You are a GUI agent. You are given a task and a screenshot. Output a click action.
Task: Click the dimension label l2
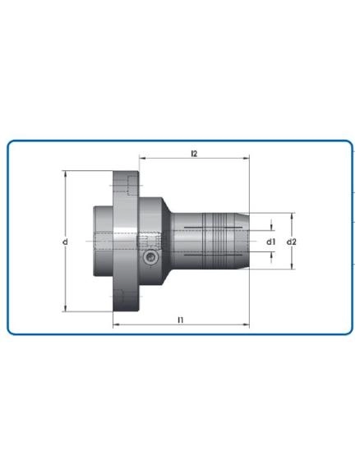(x=194, y=153)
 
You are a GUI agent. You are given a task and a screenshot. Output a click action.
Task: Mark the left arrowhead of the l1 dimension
(x=115, y=325)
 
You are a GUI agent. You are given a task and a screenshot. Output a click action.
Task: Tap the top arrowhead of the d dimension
(x=66, y=173)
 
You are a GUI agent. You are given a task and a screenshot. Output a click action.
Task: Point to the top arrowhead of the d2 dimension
(x=292, y=215)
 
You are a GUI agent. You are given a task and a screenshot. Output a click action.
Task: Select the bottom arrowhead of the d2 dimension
(x=292, y=268)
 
